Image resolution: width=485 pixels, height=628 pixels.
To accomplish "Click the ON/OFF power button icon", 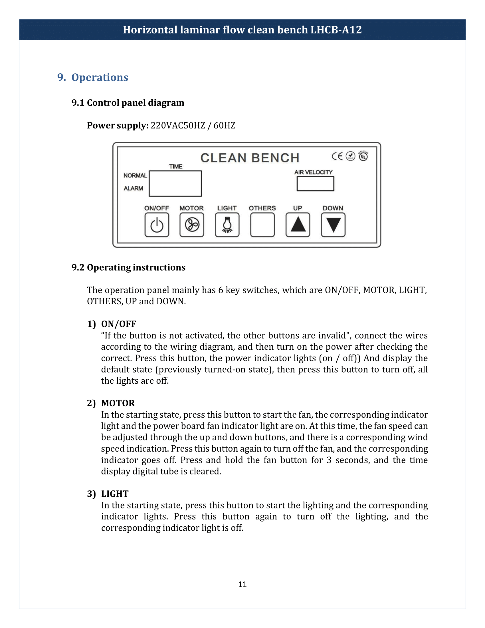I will (157, 225).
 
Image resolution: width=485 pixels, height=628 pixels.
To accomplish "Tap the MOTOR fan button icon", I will (192, 225).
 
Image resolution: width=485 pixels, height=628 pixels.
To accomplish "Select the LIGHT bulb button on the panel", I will (227, 225).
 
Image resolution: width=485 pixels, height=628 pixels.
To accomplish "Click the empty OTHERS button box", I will (262, 225).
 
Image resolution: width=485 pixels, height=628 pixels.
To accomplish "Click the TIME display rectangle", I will (175, 184).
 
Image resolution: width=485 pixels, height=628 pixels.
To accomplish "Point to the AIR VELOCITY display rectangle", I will (315, 184).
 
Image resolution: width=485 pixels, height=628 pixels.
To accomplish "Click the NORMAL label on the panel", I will (135, 175).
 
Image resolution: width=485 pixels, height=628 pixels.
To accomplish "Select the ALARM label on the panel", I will (133, 188).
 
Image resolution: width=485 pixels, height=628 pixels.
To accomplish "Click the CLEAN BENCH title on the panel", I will (250, 158).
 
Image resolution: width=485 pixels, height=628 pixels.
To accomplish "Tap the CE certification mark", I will (337, 156).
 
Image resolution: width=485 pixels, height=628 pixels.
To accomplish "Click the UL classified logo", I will (363, 156).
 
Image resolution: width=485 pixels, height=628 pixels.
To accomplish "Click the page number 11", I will (242, 584).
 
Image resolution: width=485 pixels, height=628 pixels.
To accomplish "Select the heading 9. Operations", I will (93, 77).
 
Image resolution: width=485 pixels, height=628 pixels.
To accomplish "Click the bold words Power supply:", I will (118, 126).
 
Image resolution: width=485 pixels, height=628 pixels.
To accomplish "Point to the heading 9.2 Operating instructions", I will (128, 267).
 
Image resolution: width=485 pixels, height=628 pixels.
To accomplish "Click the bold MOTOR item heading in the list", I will (118, 403).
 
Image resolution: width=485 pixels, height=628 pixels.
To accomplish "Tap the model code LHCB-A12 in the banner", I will (336, 30).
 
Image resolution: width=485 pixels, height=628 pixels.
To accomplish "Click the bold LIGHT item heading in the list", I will (115, 494).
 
